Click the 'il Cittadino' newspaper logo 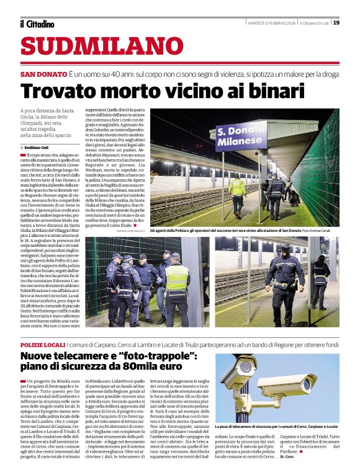tap(37, 24)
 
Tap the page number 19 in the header tap(336, 23)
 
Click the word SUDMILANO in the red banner tap(93, 47)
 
